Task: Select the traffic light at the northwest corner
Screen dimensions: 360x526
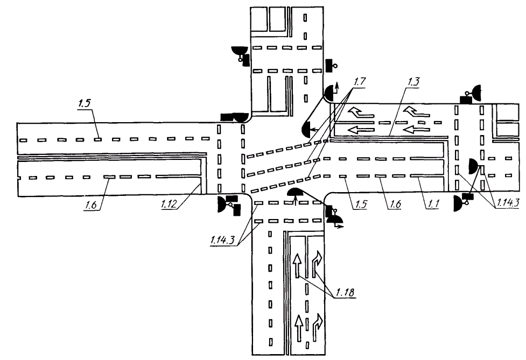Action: (x=233, y=116)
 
